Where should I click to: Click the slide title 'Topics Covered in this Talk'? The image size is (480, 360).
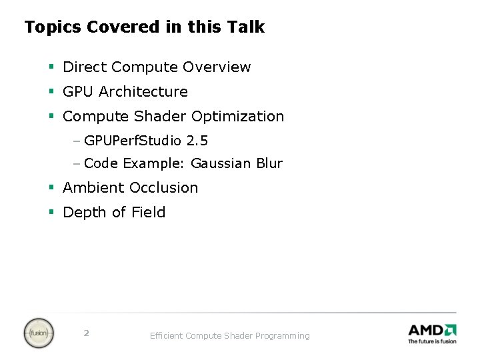tap(144, 27)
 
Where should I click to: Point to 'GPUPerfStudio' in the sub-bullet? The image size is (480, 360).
tap(133, 141)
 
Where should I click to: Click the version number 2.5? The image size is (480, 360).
tap(197, 141)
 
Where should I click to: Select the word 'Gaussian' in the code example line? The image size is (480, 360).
tap(218, 163)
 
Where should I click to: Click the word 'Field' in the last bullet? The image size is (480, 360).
tap(148, 213)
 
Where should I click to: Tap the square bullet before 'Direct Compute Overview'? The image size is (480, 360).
tap(51, 67)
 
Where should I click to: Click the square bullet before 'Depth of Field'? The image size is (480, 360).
tap(51, 213)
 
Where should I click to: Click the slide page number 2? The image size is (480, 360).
tap(86, 333)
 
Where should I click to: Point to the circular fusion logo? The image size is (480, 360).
tap(39, 333)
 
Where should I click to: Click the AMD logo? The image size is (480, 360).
tap(432, 329)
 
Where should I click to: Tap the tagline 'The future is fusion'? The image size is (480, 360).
tap(432, 341)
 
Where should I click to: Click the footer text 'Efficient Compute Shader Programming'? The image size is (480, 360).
tap(229, 336)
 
